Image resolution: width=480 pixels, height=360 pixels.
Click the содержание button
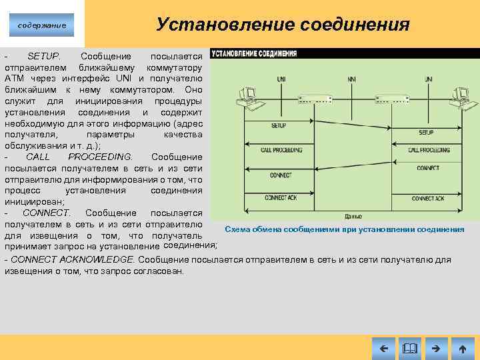(x=41, y=25)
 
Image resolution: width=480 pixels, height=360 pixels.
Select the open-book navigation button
(x=409, y=348)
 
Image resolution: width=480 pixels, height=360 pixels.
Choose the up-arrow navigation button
(x=462, y=348)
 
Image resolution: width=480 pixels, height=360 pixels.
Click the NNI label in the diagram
(x=351, y=79)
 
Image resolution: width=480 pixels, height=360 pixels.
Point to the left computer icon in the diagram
(x=245, y=98)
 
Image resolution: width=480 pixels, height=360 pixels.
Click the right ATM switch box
(x=391, y=100)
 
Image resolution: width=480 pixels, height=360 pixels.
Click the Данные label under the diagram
(x=353, y=216)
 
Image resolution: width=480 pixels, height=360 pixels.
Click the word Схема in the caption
(x=237, y=229)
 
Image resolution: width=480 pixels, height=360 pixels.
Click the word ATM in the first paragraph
(x=15, y=78)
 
